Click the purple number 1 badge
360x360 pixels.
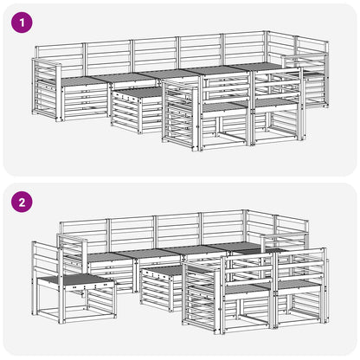pyautogui.click(x=22, y=22)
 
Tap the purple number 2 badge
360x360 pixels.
pyautogui.click(x=22, y=202)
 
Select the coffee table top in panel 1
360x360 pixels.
pyautogui.click(x=137, y=93)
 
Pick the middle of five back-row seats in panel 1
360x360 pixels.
pyautogui.click(x=168, y=74)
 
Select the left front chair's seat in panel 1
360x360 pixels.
pyautogui.click(x=223, y=107)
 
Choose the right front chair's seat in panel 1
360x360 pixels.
pyautogui.click(x=275, y=102)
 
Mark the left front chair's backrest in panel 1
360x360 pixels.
pyautogui.click(x=227, y=88)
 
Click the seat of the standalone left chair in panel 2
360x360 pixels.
pyautogui.click(x=75, y=280)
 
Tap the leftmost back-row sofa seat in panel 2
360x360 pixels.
pyautogui.click(x=109, y=257)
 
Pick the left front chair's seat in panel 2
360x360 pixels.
pyautogui.click(x=246, y=288)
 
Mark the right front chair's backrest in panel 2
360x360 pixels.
pyautogui.click(x=300, y=267)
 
